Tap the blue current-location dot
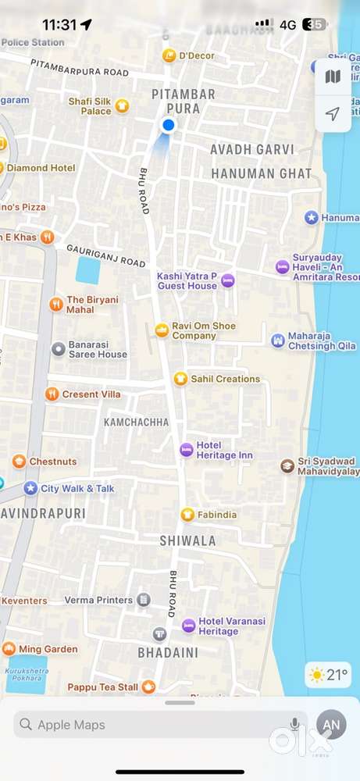pyautogui.click(x=168, y=125)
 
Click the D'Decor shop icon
pyautogui.click(x=169, y=55)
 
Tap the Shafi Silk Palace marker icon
pyautogui.click(x=122, y=106)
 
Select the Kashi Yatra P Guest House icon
pyautogui.click(x=227, y=280)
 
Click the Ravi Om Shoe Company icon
pyautogui.click(x=162, y=330)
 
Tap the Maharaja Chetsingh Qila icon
pyautogui.click(x=277, y=341)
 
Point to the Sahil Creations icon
pyautogui.click(x=180, y=379)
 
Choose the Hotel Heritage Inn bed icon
pyautogui.click(x=186, y=450)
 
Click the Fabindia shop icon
pyautogui.click(x=187, y=515)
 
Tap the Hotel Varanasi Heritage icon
pyautogui.click(x=188, y=626)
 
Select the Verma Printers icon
pyautogui.click(x=144, y=600)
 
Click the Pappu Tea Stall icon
pyautogui.click(x=148, y=687)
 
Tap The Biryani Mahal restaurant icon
pyautogui.click(x=55, y=305)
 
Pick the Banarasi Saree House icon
pyautogui.click(x=58, y=349)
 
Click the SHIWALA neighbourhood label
pyautogui.click(x=187, y=540)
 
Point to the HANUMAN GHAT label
pyautogui.click(x=261, y=173)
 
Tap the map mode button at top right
pyautogui.click(x=333, y=77)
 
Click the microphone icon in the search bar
pyautogui.click(x=295, y=725)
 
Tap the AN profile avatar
pyautogui.click(x=332, y=725)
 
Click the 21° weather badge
pyautogui.click(x=328, y=675)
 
